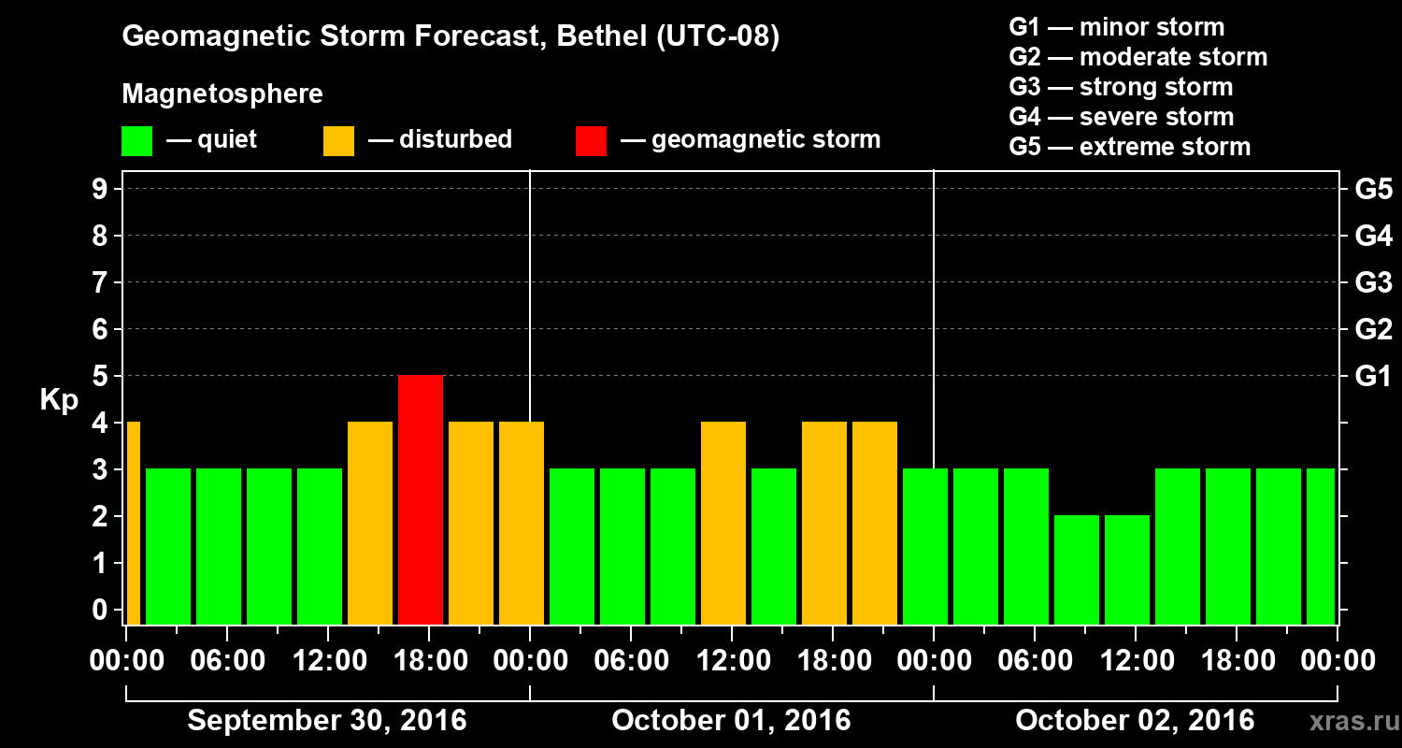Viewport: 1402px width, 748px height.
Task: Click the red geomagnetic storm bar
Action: pos(421,499)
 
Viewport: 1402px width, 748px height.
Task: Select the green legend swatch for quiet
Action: pos(136,140)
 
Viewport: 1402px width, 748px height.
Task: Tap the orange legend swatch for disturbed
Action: pos(338,140)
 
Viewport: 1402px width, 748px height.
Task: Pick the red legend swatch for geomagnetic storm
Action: pos(591,140)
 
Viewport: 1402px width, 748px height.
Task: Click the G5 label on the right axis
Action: pos(1373,189)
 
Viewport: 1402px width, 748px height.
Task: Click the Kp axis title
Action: pos(59,400)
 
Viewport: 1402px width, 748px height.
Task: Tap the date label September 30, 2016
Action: pos(327,721)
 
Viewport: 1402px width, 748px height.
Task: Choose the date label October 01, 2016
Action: pos(731,721)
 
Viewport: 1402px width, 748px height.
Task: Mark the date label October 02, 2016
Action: pos(1135,721)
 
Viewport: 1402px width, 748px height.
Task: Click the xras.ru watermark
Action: pos(1348,721)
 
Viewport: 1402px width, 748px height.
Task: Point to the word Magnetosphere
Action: pos(222,94)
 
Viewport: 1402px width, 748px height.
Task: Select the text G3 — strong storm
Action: pos(1121,87)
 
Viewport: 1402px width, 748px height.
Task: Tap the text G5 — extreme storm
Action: pos(1129,147)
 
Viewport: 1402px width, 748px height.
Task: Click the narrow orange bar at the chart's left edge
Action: pos(133,523)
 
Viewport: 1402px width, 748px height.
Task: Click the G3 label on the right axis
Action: pos(1373,282)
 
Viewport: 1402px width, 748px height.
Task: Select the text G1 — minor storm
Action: pos(1116,27)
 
